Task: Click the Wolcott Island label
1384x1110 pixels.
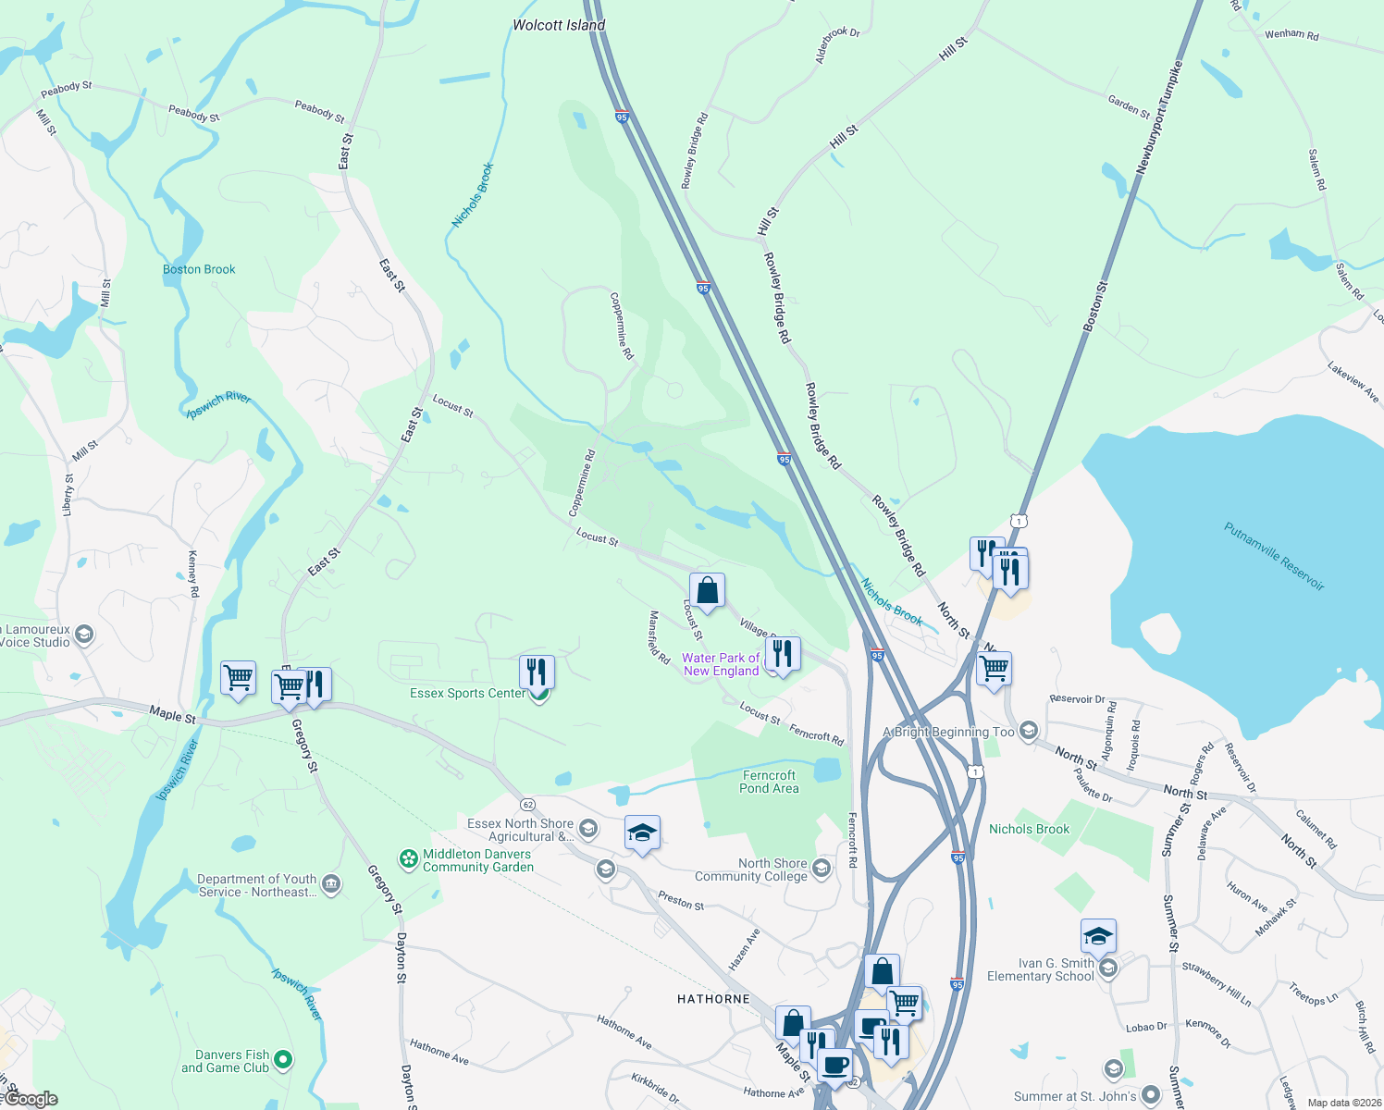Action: point(559,25)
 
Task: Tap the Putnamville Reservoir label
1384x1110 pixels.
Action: point(1274,557)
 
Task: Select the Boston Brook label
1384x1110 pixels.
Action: point(199,269)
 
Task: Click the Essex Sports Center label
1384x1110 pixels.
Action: point(467,693)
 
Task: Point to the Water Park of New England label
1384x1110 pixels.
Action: point(721,664)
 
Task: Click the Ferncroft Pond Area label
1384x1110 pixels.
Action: point(769,782)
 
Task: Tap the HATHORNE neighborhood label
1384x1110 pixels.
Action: point(713,999)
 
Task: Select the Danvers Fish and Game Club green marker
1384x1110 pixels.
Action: point(284,1060)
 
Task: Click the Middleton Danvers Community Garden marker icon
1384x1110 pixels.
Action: point(408,860)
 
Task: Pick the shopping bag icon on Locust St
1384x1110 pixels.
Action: point(707,590)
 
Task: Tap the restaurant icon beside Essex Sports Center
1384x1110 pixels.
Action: point(537,672)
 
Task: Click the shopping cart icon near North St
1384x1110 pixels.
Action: point(994,668)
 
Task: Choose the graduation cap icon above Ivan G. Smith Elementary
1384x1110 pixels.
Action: point(1098,936)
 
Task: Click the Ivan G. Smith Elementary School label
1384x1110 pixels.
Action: point(1040,969)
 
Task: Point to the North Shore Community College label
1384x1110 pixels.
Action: point(750,869)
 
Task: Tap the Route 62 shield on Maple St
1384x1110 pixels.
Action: point(527,804)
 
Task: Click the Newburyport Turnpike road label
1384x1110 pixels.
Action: point(1160,118)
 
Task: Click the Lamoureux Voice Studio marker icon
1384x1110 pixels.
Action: point(84,635)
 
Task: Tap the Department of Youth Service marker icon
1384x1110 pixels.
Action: point(330,884)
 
